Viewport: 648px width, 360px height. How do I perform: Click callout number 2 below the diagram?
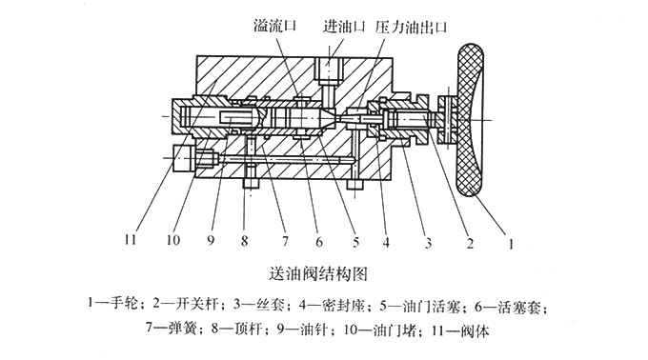tap(470, 242)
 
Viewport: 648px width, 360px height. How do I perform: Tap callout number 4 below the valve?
tap(386, 242)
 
